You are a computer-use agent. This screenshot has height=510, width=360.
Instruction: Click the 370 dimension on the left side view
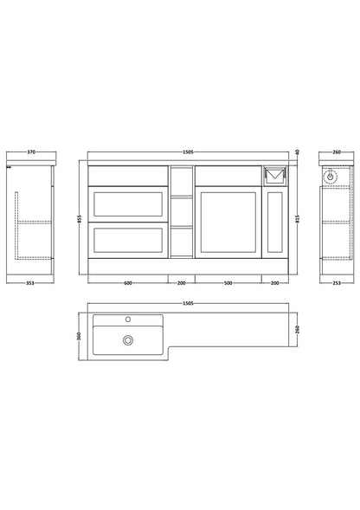(31, 152)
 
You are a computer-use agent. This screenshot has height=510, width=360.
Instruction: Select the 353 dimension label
(30, 283)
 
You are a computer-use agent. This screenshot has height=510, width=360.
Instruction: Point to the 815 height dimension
(297, 219)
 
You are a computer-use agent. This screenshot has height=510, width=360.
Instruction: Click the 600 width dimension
(128, 283)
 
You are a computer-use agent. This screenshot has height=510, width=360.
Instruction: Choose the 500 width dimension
(228, 283)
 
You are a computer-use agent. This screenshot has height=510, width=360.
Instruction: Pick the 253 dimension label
(337, 283)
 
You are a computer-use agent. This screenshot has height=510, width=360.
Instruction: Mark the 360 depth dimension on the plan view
(79, 336)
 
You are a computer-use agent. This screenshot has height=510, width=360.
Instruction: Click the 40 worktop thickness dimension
(297, 152)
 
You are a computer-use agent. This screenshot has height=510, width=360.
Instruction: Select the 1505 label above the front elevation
(188, 152)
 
